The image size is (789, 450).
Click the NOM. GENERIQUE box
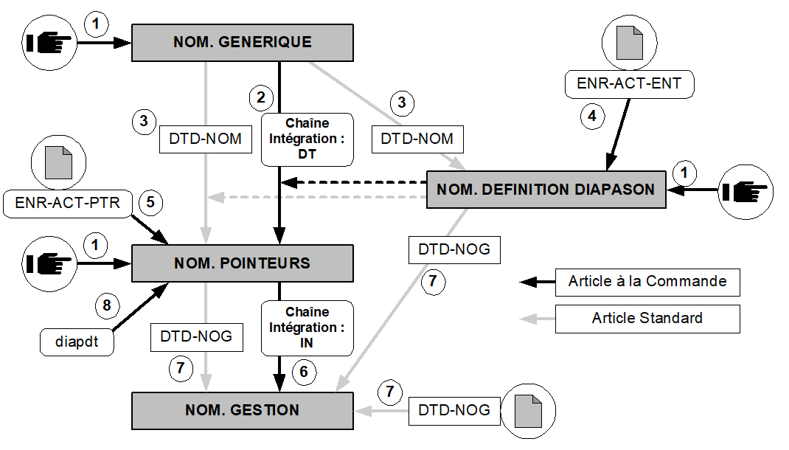(242, 42)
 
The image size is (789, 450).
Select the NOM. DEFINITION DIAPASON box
(546, 190)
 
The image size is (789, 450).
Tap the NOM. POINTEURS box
(242, 263)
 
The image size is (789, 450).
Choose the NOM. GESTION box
(242, 410)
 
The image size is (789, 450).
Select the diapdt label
(77, 342)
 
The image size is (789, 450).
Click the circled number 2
(260, 97)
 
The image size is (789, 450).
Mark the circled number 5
(150, 203)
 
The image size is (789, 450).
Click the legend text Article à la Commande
(647, 282)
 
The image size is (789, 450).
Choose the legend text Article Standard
(647, 319)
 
